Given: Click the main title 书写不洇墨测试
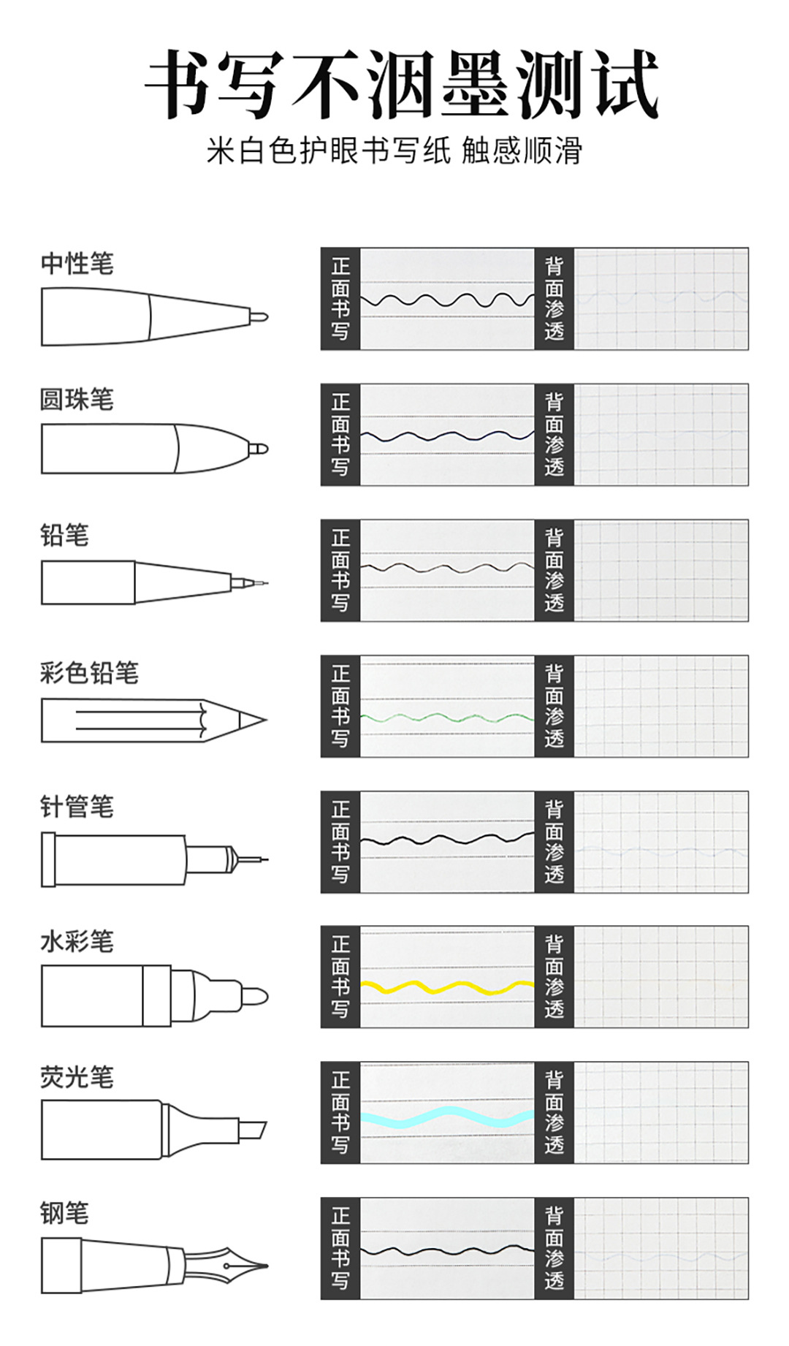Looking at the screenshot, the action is click(x=400, y=84).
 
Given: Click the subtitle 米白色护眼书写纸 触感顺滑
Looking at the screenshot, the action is click(x=394, y=151).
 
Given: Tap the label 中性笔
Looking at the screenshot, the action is click(x=77, y=263).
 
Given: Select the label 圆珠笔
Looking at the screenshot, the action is click(x=77, y=399).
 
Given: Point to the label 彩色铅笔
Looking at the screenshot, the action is click(x=89, y=672).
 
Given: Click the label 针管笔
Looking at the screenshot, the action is click(x=77, y=807).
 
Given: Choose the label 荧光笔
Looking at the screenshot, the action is click(x=77, y=1077).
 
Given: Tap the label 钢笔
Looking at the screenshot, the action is click(x=65, y=1213).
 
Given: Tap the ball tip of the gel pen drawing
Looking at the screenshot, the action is click(x=259, y=317).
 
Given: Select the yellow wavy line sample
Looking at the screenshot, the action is click(x=447, y=988).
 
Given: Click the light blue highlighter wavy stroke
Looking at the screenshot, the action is click(x=447, y=1117).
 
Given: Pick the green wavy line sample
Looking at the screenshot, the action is click(x=447, y=718).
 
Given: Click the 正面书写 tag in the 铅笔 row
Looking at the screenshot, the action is click(x=340, y=571).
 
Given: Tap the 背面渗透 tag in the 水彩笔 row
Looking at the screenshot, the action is click(x=554, y=977).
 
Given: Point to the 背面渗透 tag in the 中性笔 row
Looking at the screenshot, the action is click(x=554, y=299).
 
